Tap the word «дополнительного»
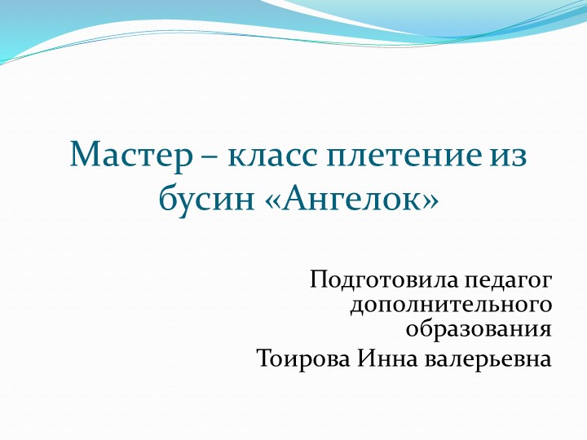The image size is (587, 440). (x=449, y=307)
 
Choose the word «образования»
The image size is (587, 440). (x=478, y=332)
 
